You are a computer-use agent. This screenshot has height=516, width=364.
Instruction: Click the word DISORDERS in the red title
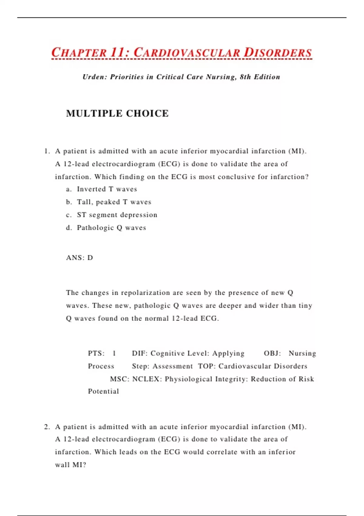(x=278, y=53)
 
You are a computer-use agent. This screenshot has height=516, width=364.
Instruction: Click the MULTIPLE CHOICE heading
(x=117, y=114)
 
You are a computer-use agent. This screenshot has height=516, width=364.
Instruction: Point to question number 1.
(x=46, y=151)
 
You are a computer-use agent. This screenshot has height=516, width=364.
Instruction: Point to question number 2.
(x=46, y=427)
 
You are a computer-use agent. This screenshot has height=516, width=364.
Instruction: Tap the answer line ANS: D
(x=79, y=258)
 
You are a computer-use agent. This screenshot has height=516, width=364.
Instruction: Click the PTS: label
(x=96, y=353)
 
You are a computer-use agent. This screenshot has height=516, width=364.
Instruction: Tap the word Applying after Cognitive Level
(x=228, y=353)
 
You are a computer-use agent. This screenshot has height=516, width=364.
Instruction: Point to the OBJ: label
(x=272, y=353)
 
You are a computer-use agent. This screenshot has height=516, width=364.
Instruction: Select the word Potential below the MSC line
(x=103, y=392)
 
